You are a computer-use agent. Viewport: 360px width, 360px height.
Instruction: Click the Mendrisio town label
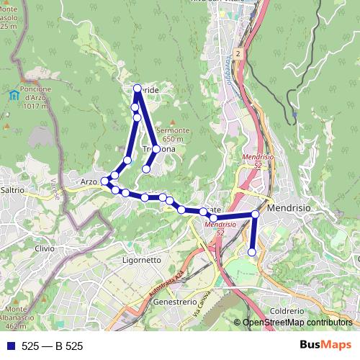[289, 207]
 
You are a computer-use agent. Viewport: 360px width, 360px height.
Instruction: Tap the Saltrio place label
[13, 190]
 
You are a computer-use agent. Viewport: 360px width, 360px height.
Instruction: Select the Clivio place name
[44, 248]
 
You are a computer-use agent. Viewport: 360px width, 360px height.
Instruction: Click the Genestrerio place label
[175, 302]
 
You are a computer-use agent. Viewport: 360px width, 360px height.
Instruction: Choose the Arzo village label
[89, 181]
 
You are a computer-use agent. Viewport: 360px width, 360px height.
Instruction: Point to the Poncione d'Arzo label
[30, 93]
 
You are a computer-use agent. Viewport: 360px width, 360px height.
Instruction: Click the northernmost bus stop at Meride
[138, 89]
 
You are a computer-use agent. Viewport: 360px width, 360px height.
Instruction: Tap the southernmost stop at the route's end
[252, 251]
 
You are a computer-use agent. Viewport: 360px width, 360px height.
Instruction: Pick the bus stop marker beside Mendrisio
[256, 214]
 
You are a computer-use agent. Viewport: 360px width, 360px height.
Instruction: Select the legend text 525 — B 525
[52, 346]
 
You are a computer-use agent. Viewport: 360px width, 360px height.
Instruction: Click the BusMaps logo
[325, 346]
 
